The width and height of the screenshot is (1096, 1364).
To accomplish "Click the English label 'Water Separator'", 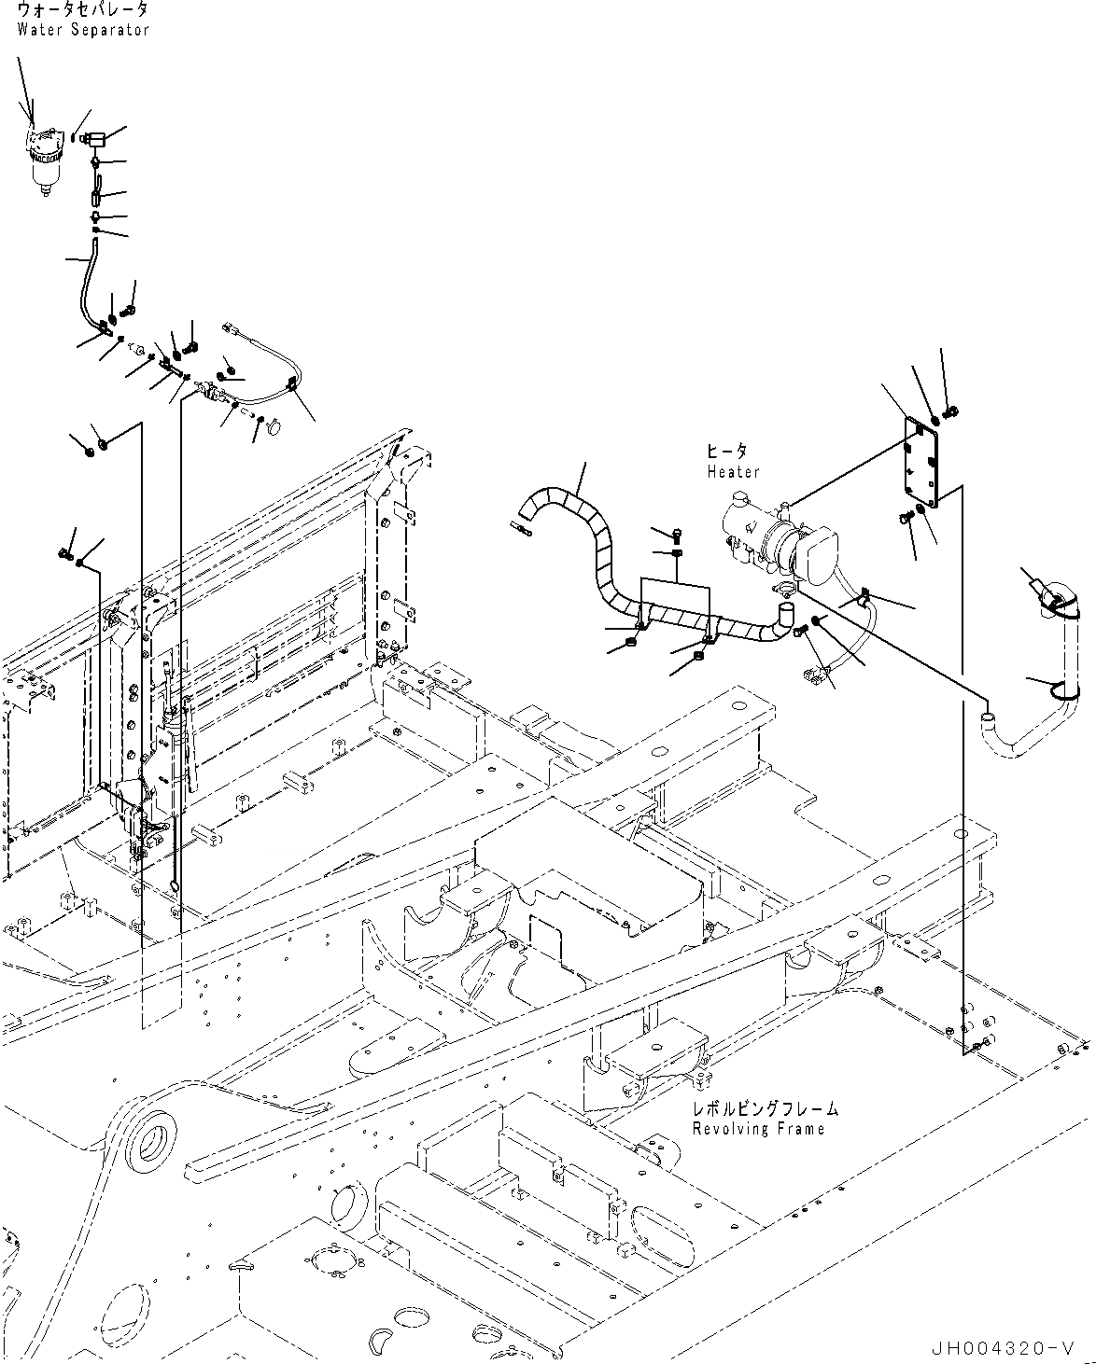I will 83,30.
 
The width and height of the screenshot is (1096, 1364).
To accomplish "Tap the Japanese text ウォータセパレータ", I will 83,10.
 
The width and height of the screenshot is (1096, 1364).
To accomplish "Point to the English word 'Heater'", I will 733,472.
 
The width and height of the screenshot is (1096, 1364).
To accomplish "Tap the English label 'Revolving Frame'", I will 758,1130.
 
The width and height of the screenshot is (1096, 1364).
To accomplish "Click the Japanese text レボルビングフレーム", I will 765,1109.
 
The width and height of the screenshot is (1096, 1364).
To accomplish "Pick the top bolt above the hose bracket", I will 677,534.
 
